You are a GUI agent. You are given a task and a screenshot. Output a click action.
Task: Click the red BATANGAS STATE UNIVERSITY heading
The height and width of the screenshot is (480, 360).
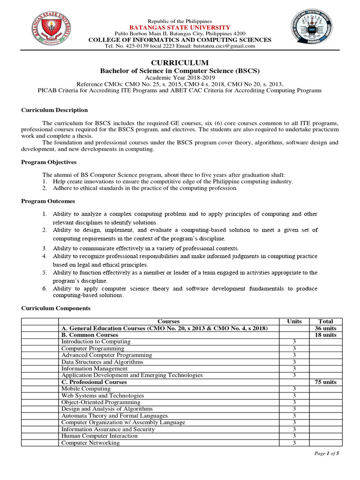(x=180, y=28)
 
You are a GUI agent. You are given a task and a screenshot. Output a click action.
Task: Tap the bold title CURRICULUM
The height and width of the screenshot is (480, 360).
(x=180, y=63)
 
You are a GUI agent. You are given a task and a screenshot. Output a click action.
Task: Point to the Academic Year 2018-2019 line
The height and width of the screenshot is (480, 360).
(x=180, y=77)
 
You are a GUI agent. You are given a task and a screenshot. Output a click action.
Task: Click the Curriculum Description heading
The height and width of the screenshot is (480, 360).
(x=54, y=110)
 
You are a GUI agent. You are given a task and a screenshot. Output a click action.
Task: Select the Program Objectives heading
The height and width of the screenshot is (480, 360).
(x=49, y=162)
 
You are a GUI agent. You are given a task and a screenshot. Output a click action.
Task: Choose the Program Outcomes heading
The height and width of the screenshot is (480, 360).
(x=48, y=201)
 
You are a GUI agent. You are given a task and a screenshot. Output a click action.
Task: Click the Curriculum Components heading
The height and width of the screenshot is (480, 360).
(x=56, y=308)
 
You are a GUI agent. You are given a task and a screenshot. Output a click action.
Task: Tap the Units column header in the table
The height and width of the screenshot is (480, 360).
(x=294, y=322)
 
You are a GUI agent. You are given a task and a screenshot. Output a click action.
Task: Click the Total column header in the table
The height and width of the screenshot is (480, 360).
(x=326, y=322)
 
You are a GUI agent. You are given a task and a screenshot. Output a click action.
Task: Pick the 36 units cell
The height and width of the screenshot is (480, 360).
(x=326, y=329)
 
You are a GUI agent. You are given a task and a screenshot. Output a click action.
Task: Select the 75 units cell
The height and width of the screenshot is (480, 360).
(x=326, y=382)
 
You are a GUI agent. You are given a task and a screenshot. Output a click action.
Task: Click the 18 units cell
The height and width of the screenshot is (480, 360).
(x=326, y=335)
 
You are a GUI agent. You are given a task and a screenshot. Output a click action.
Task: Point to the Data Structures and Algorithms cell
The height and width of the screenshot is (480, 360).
(x=102, y=362)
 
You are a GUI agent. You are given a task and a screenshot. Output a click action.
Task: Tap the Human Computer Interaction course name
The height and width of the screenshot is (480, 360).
(x=99, y=436)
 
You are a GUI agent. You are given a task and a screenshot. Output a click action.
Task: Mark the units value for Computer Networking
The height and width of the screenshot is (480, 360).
(x=294, y=443)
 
